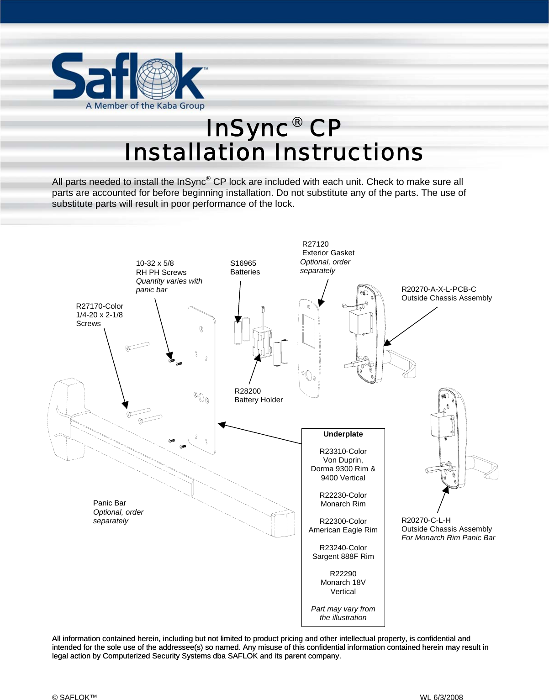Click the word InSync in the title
point(247,128)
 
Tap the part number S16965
point(243,263)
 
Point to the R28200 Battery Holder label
point(258,395)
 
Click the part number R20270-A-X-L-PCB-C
point(438,289)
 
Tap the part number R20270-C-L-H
point(426,520)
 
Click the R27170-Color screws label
point(100,306)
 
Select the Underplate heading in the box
point(343,434)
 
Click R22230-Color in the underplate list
point(343,495)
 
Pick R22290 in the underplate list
point(343,574)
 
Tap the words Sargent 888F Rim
point(343,556)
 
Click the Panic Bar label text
point(110,503)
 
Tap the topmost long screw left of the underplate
point(137,346)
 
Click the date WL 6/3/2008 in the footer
point(441,697)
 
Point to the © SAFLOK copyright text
point(74,697)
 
